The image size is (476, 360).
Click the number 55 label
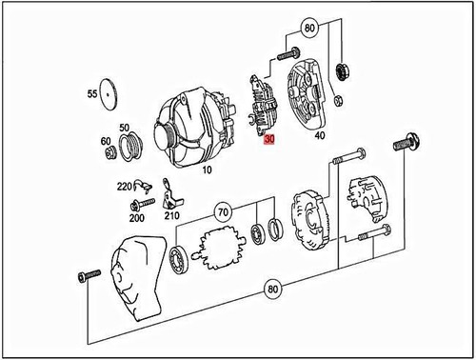pyautogui.click(x=91, y=95)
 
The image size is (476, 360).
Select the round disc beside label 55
pyautogui.click(x=114, y=94)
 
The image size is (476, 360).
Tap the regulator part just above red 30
pyautogui.click(x=263, y=108)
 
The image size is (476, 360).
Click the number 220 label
pyautogui.click(x=124, y=188)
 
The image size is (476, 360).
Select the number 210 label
pyautogui.click(x=171, y=215)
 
